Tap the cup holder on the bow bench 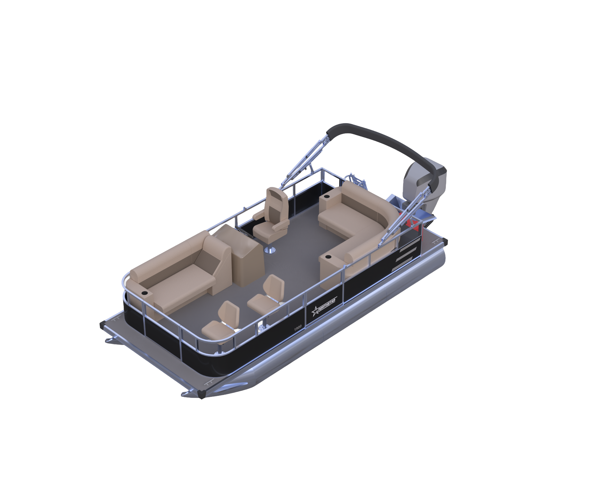tap(144, 293)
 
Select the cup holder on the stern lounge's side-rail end tap(328, 256)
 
